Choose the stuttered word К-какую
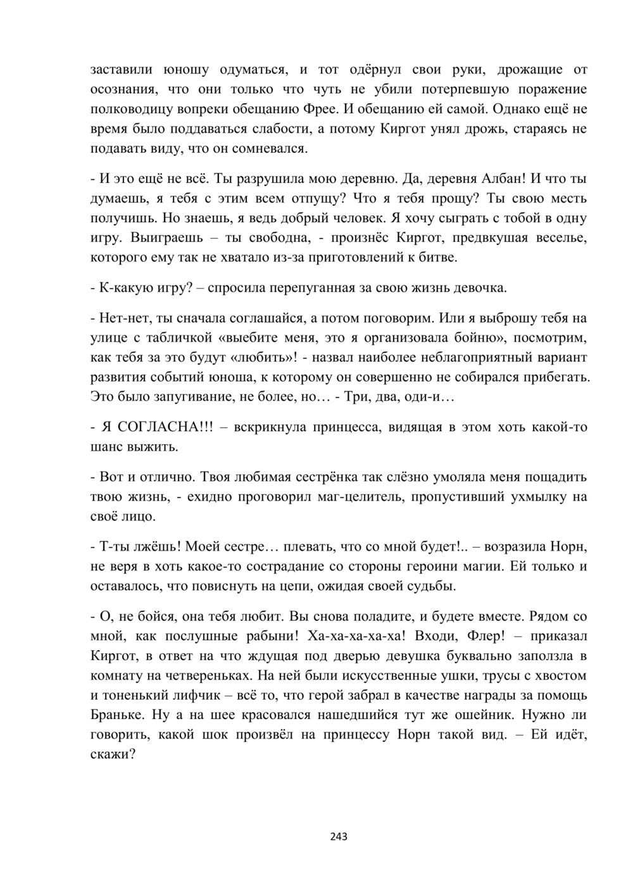pos(123,289)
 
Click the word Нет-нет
pos(120,317)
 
